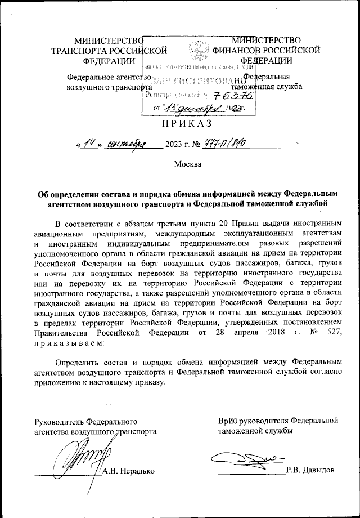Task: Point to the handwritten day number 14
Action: click(x=88, y=144)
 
